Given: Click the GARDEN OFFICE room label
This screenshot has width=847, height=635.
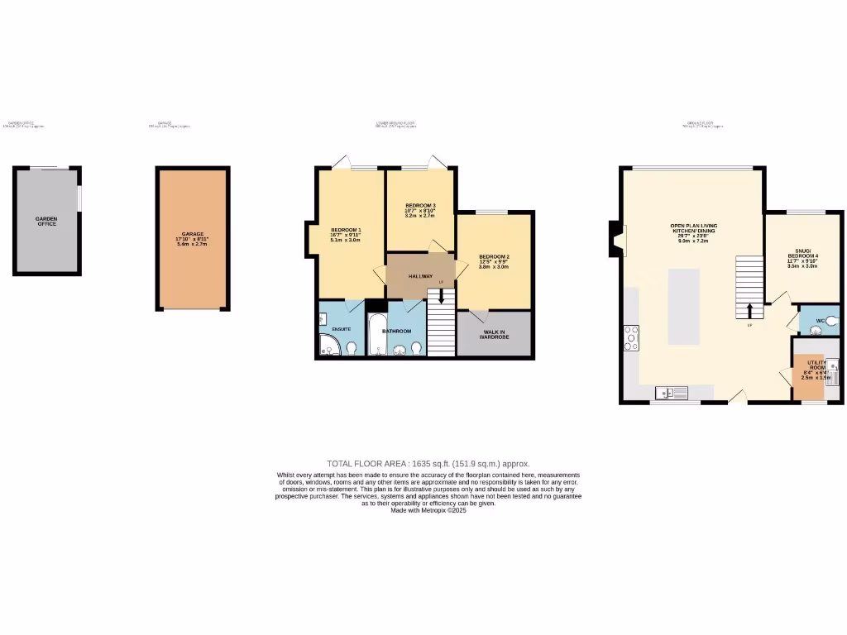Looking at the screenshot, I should click(46, 221).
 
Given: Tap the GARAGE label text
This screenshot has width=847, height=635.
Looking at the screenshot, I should click(192, 234).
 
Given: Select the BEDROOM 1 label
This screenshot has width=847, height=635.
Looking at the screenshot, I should click(346, 229).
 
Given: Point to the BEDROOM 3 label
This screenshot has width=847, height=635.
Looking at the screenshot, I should click(420, 205).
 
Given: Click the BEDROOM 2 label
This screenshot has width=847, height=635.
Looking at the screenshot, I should click(494, 257).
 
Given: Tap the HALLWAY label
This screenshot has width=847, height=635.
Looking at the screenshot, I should click(420, 276).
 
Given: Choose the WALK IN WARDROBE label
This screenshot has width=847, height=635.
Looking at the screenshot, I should click(495, 334).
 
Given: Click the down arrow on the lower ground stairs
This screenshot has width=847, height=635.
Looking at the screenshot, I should click(441, 297).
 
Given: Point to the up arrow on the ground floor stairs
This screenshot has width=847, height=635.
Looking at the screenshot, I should click(749, 311).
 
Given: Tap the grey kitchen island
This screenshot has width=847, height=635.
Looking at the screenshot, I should click(684, 306).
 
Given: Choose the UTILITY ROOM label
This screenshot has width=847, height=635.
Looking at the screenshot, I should click(816, 364).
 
